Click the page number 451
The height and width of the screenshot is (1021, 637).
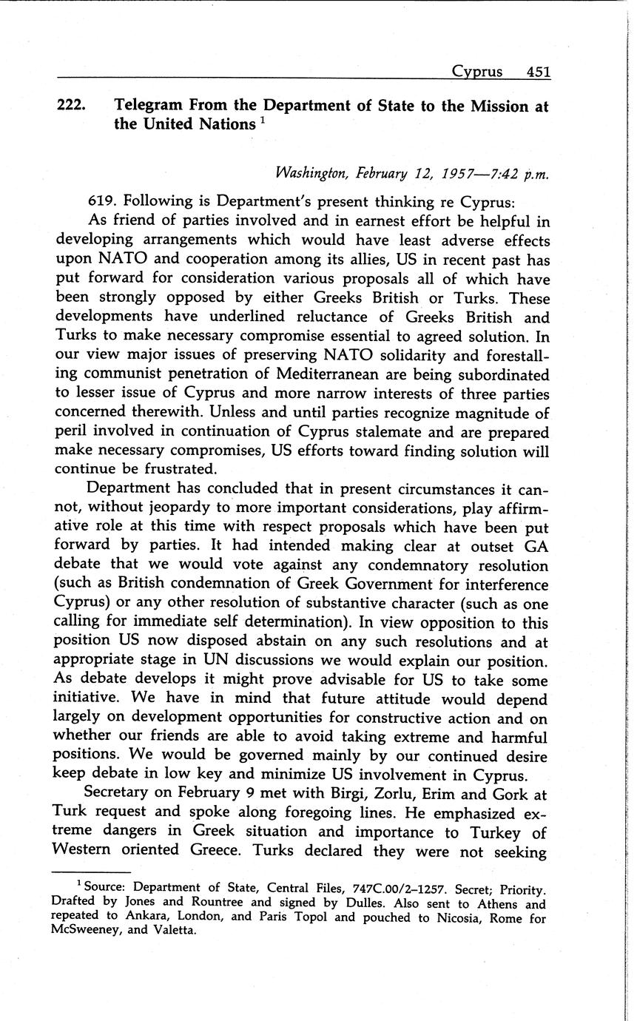(538, 72)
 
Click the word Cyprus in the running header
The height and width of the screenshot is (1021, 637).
(476, 72)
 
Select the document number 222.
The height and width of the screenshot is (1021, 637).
(73, 107)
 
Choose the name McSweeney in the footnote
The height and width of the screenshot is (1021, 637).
(86, 931)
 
